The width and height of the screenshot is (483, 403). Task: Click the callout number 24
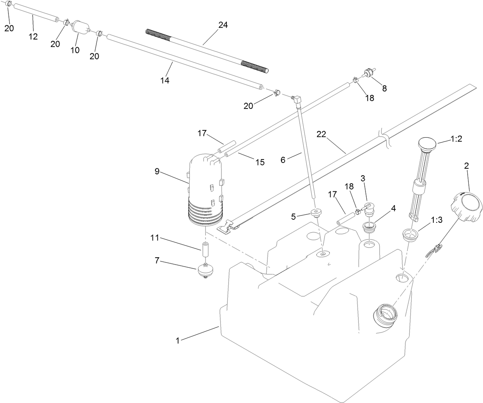223,25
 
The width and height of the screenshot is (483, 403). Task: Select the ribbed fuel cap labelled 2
466,206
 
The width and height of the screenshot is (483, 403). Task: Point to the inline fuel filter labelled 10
80,27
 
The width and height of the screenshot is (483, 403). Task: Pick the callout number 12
33,37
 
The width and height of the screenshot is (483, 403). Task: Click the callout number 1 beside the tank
177,340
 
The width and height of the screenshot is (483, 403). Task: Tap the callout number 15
260,162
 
